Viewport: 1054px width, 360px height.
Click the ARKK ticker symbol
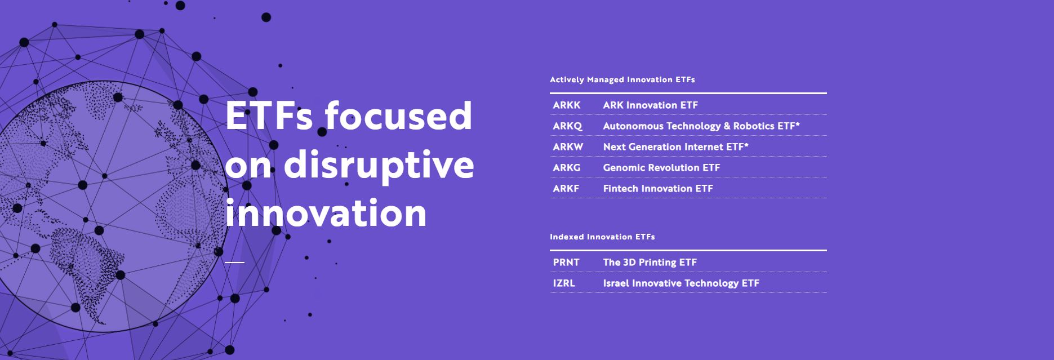tap(566, 105)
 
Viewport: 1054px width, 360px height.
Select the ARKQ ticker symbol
tap(567, 126)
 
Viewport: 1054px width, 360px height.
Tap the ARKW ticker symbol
tap(568, 147)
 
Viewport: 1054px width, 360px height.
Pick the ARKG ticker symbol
tap(566, 168)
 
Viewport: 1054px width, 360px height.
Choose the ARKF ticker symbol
tap(566, 189)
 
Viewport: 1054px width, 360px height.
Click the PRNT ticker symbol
tap(566, 263)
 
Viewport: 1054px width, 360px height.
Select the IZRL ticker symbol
tap(564, 283)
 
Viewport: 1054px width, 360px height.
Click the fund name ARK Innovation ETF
tap(650, 105)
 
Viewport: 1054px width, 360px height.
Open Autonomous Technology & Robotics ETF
tap(701, 126)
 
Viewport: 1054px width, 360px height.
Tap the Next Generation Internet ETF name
tap(675, 147)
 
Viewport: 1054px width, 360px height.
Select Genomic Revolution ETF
tap(661, 168)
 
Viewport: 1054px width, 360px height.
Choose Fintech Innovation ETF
tap(658, 189)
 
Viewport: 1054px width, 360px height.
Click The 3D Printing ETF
tap(650, 263)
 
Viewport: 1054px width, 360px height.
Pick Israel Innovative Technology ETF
tap(681, 283)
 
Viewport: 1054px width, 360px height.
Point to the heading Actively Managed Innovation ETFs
tap(622, 80)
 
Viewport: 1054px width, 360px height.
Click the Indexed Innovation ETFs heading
tap(602, 237)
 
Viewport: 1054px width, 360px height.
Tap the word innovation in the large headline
tap(326, 213)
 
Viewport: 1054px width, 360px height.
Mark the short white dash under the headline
tap(234, 262)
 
